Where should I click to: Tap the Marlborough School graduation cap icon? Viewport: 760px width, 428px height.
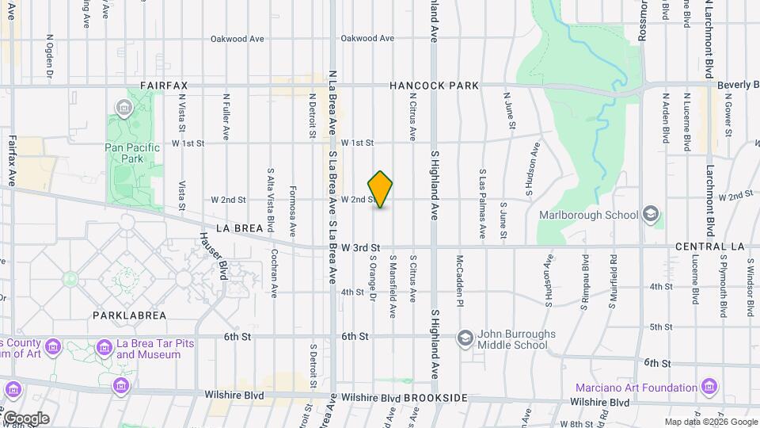click(651, 215)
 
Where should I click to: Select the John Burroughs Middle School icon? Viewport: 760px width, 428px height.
click(465, 338)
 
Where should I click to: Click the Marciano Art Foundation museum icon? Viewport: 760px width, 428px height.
click(709, 388)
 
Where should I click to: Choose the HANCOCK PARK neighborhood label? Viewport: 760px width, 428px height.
click(435, 85)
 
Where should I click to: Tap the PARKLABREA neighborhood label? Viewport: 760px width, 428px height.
click(129, 315)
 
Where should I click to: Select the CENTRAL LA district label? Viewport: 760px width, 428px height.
click(710, 247)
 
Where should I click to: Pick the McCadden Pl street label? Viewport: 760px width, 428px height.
click(459, 280)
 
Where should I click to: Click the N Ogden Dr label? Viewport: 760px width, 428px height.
click(49, 55)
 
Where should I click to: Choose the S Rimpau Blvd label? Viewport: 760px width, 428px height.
click(587, 279)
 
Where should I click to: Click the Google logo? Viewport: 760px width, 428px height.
click(25, 418)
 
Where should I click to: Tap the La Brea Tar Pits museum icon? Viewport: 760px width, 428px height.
click(104, 347)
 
